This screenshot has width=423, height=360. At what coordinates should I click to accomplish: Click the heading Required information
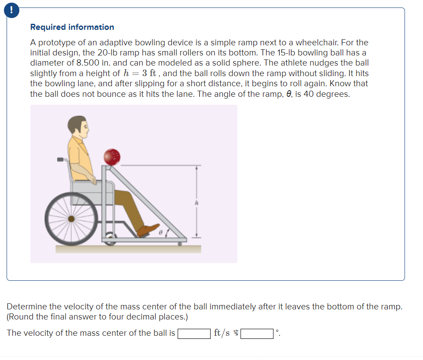[x=72, y=27]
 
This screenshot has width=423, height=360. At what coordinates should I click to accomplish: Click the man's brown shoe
[x=147, y=230]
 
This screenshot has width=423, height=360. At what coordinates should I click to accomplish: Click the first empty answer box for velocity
[x=193, y=333]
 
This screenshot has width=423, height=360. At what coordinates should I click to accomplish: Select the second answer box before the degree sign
[x=257, y=333]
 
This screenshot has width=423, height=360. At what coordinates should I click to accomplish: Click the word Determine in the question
[x=26, y=306]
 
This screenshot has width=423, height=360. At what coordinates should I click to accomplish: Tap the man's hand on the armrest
[x=93, y=180]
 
